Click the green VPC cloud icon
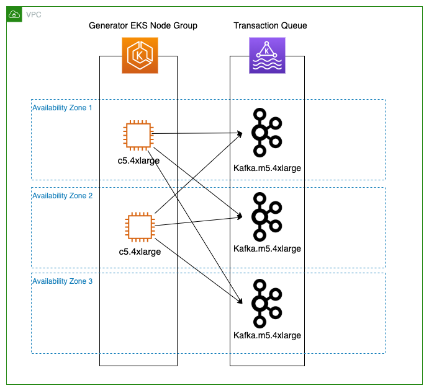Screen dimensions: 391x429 [x=14, y=14]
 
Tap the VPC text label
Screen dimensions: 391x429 [x=34, y=14]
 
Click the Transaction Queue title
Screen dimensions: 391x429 [x=270, y=25]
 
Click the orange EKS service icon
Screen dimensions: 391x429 [x=139, y=55]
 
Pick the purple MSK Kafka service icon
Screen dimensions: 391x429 [x=267, y=55]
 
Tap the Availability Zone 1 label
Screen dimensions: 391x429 [x=62, y=108]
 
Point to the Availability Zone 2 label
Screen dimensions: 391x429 [x=62, y=196]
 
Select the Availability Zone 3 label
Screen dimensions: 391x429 [x=62, y=281]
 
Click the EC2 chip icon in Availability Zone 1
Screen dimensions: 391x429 [x=138, y=136]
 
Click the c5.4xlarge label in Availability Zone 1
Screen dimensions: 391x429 [x=138, y=160]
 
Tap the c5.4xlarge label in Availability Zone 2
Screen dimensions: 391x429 [x=140, y=252]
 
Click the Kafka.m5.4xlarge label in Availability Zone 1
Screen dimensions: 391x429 [x=267, y=168]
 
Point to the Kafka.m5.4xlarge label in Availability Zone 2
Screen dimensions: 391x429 [x=267, y=248]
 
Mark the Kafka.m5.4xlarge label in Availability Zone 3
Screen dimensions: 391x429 [x=267, y=335]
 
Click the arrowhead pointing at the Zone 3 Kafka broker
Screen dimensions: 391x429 [x=240, y=302]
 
